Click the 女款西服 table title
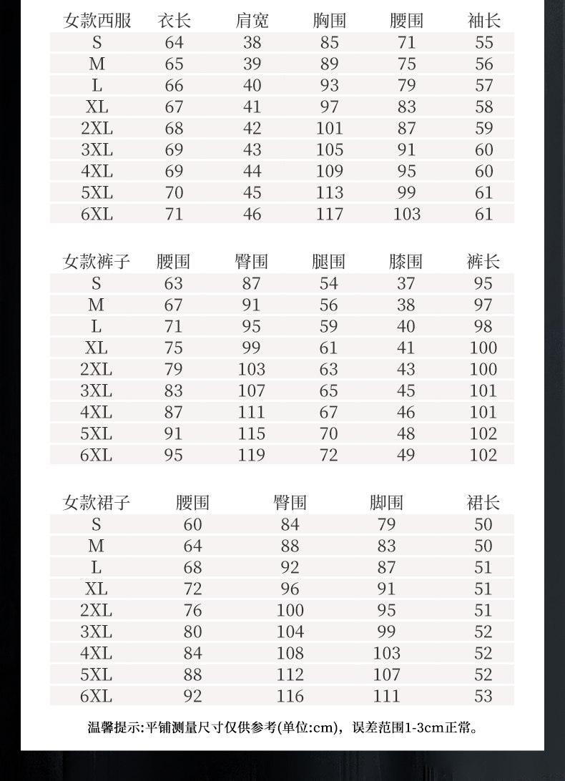click(97, 21)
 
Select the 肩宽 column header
click(252, 21)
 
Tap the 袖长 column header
click(484, 21)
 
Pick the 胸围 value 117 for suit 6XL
click(329, 214)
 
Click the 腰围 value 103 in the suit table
click(406, 214)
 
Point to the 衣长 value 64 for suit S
click(174, 43)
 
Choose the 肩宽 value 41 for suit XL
click(252, 107)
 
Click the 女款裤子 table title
click(97, 262)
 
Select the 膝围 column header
click(406, 262)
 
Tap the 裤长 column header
click(483, 262)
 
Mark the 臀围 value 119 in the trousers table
click(251, 455)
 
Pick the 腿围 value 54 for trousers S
click(328, 284)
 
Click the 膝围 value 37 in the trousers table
click(406, 284)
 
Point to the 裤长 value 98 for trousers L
click(483, 327)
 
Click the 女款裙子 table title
click(97, 503)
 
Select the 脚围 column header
click(386, 503)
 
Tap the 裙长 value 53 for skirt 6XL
click(483, 696)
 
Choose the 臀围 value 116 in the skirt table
click(290, 696)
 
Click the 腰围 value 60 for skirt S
click(192, 525)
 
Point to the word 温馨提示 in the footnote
click(114, 729)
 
